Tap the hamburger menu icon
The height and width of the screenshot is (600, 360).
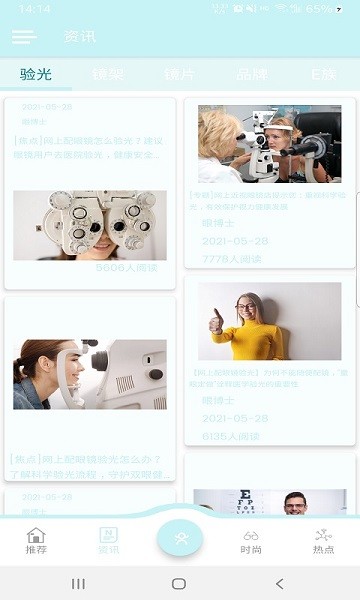(24, 37)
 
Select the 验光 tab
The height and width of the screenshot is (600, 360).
(35, 74)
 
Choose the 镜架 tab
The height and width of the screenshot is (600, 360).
(107, 74)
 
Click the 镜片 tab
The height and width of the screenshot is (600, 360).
(179, 74)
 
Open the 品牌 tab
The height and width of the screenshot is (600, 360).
(251, 74)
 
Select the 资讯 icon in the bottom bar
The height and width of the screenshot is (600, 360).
(108, 540)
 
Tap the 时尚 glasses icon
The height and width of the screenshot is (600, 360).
(251, 540)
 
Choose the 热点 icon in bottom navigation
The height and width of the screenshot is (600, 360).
(323, 540)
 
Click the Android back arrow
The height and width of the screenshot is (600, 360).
(279, 583)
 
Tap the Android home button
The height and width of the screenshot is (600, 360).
(179, 583)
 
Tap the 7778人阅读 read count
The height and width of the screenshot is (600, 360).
(231, 259)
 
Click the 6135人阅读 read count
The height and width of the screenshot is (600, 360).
(231, 436)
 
